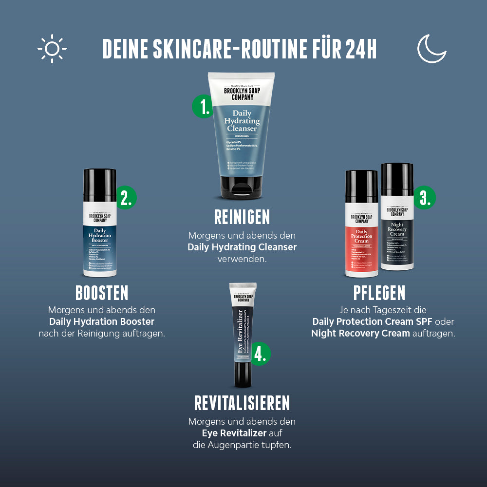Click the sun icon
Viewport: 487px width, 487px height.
pos(52,49)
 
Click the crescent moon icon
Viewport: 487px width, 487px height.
pos(431,49)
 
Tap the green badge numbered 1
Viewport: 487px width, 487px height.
pos(202,106)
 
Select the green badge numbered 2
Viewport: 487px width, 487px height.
pos(126,198)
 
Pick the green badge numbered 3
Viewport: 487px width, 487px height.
pos(425,198)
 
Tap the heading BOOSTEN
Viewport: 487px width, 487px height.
pos(102,293)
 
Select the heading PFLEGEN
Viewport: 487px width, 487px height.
pos(379,293)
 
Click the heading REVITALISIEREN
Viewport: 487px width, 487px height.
pos(242,403)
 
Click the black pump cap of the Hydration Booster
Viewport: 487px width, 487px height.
pos(99,185)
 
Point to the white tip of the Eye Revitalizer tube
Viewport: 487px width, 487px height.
pos(243,288)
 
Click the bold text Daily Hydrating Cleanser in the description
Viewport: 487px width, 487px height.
pos(242,247)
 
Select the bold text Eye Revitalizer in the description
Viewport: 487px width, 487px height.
pos(234,433)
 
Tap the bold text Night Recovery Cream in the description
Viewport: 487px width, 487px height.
pos(360,334)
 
